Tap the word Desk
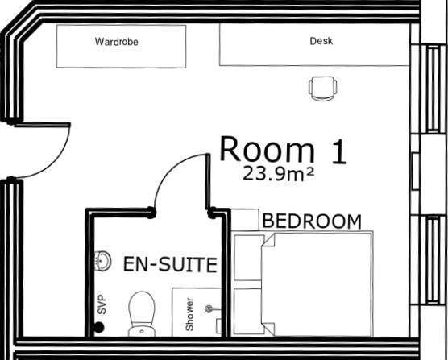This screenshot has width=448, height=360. [321, 41]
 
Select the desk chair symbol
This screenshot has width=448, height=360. [322, 88]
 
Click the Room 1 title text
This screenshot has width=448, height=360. [283, 151]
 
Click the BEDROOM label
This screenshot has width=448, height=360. [312, 221]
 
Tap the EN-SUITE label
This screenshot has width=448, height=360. [170, 264]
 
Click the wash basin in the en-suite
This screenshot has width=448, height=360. [103, 261]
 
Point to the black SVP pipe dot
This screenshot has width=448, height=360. [99, 327]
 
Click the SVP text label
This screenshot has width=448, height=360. [102, 305]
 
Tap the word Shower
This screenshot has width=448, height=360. [190, 314]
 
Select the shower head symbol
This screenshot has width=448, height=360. [211, 308]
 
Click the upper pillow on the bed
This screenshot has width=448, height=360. [248, 259]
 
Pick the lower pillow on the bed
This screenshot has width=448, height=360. [248, 311]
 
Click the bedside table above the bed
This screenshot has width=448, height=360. [245, 220]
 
